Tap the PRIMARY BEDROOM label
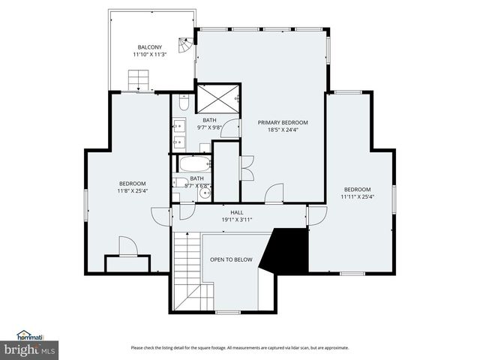pyautogui.click(x=283, y=122)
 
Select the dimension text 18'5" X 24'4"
pyautogui.click(x=283, y=130)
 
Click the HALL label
pyautogui.click(x=236, y=212)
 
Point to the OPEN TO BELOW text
pyautogui.click(x=231, y=260)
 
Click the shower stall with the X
pyautogui.click(x=217, y=98)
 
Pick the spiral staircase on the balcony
pyautogui.click(x=184, y=43)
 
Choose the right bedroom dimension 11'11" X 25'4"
pyautogui.click(x=357, y=196)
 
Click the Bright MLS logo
pyautogui.click(x=30, y=349)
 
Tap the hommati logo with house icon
pyautogui.click(x=31, y=336)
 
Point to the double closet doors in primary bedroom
pyautogui.click(x=247, y=167)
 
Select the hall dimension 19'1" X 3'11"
pyautogui.click(x=236, y=220)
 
